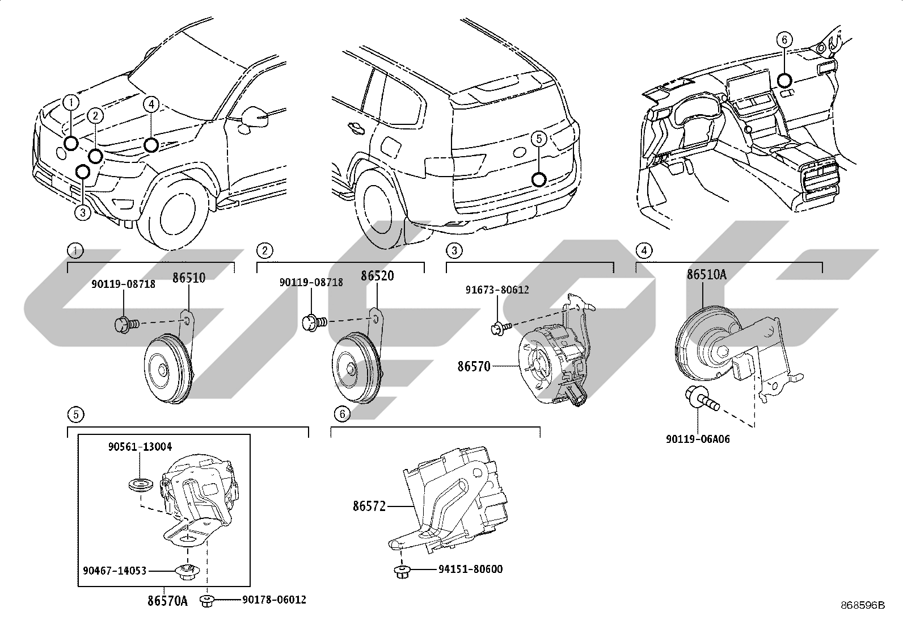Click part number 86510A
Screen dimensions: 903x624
coord(706,275)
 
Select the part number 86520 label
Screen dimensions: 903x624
coord(377,276)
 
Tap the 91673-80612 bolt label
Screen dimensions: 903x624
coord(497,290)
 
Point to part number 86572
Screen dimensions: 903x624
coord(369,506)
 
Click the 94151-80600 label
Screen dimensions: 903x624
coord(470,569)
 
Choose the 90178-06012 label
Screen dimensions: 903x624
coord(274,600)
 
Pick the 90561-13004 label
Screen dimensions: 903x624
coord(140,447)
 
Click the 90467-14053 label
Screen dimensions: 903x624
coord(115,571)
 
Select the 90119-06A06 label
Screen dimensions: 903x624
coord(698,439)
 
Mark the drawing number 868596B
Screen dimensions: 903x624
coord(863,605)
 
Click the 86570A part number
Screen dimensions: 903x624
coord(168,601)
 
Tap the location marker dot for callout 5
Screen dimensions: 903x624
coord(539,179)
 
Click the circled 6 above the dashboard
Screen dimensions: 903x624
coord(784,40)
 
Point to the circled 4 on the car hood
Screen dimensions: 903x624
coord(151,104)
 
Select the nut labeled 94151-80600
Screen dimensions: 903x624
coord(402,571)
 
